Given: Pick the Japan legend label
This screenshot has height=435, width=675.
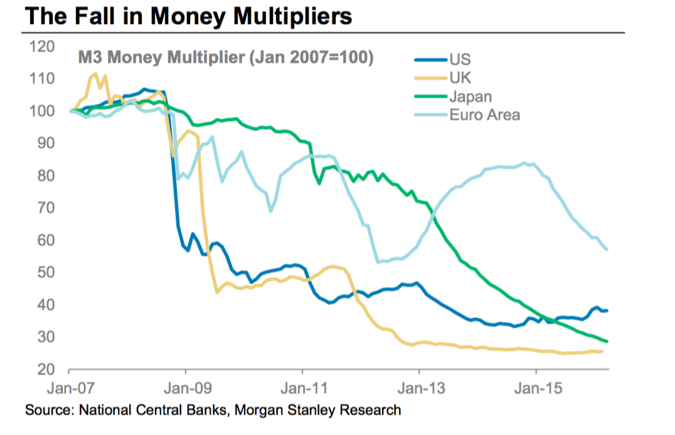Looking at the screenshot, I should click(470, 97).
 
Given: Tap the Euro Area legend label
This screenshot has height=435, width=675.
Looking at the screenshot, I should click(484, 115).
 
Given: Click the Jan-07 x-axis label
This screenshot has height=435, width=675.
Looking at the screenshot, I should click(68, 389).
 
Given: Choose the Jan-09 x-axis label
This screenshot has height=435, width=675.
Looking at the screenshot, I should click(186, 389).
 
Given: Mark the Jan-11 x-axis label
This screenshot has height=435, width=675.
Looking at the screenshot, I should click(302, 389).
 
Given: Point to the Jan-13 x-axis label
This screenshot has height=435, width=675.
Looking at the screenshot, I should click(419, 389).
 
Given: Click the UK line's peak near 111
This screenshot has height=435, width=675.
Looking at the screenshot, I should click(95, 74).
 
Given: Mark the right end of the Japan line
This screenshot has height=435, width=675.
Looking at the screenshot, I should click(607, 341).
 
